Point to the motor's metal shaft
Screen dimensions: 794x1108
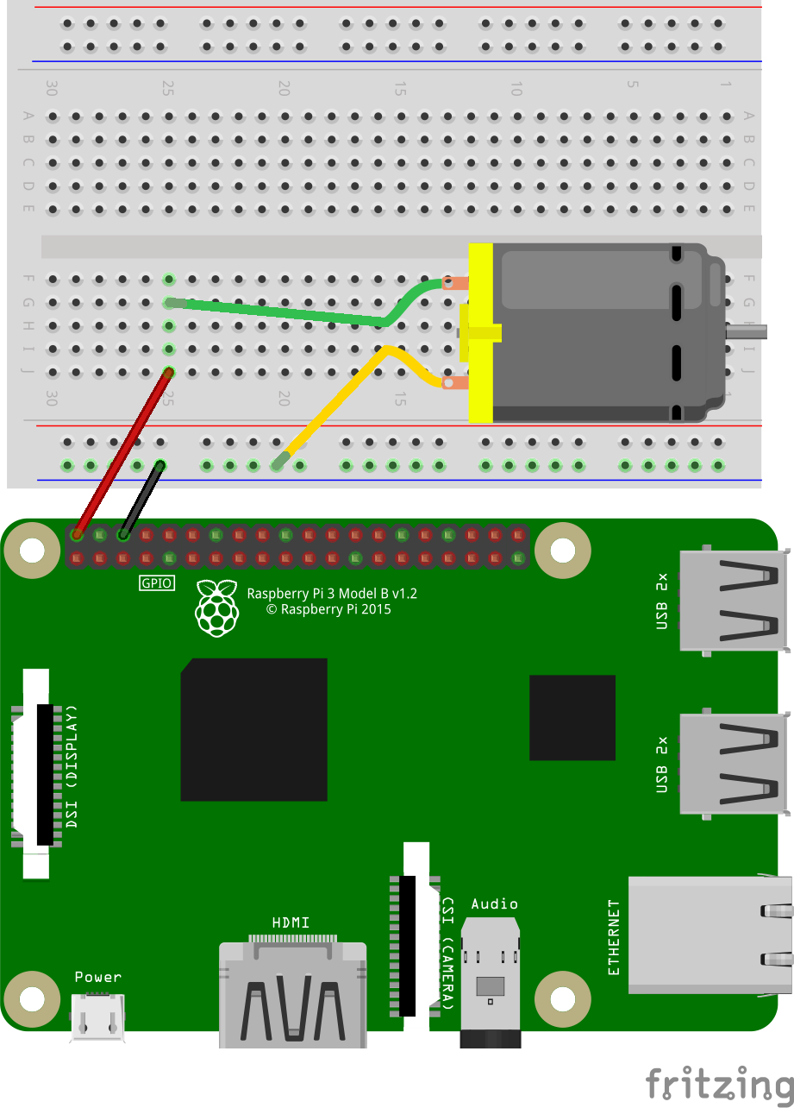[x=746, y=329]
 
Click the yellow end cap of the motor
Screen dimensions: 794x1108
[x=479, y=333]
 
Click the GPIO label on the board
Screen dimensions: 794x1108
[x=158, y=583]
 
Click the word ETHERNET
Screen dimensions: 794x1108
[x=614, y=937]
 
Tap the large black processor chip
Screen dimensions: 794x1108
[x=253, y=729]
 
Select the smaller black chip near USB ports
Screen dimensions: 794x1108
[x=572, y=717]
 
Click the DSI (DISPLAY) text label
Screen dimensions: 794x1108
[x=72, y=767]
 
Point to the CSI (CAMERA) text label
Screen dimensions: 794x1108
[x=448, y=952]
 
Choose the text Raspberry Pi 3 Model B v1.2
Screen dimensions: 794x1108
[x=332, y=593]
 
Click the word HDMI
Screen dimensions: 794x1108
[x=291, y=922]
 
